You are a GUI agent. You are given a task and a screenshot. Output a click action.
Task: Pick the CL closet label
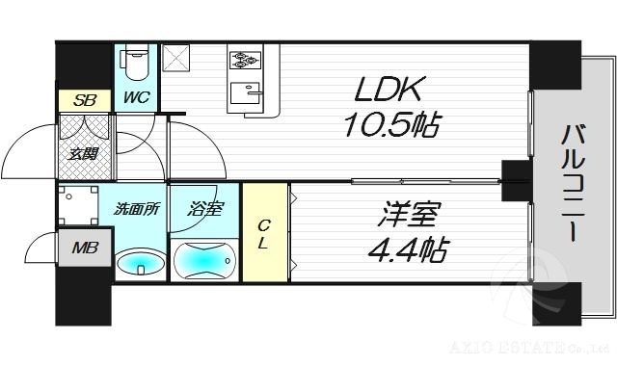[x=263, y=234]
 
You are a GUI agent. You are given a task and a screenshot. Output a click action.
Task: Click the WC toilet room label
[x=134, y=96]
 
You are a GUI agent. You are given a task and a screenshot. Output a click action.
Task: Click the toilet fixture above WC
[x=136, y=63]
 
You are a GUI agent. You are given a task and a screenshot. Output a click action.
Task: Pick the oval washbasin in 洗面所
[x=141, y=262]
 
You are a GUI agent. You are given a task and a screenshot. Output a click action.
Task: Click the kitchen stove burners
[x=243, y=60]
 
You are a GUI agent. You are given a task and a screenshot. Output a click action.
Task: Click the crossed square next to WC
[x=177, y=62]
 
